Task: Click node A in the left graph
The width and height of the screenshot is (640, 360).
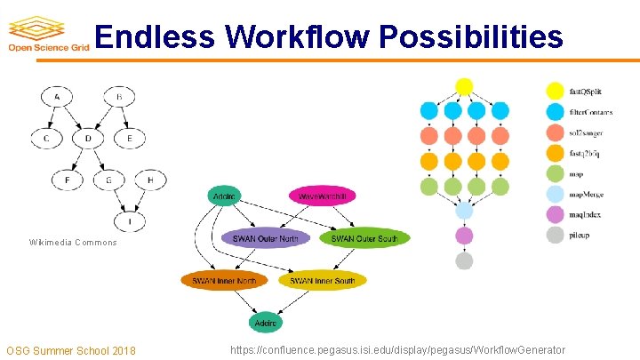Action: point(58,96)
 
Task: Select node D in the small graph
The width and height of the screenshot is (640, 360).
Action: point(87,138)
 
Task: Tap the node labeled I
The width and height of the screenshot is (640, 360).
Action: point(131,221)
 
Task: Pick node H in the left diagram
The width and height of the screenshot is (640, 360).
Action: point(151,180)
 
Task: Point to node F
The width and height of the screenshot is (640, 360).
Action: point(68,180)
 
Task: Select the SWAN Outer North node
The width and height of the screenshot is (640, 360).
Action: point(265,238)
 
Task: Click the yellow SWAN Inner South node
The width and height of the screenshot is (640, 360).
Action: point(322,281)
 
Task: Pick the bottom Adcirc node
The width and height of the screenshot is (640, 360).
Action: point(266,323)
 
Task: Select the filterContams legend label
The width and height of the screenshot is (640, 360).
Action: point(591,112)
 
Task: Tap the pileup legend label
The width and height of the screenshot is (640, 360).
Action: point(580,236)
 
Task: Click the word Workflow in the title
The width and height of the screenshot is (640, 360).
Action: point(298,36)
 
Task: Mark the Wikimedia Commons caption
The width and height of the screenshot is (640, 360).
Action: point(73,242)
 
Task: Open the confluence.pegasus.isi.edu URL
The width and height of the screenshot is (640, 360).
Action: point(397,350)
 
